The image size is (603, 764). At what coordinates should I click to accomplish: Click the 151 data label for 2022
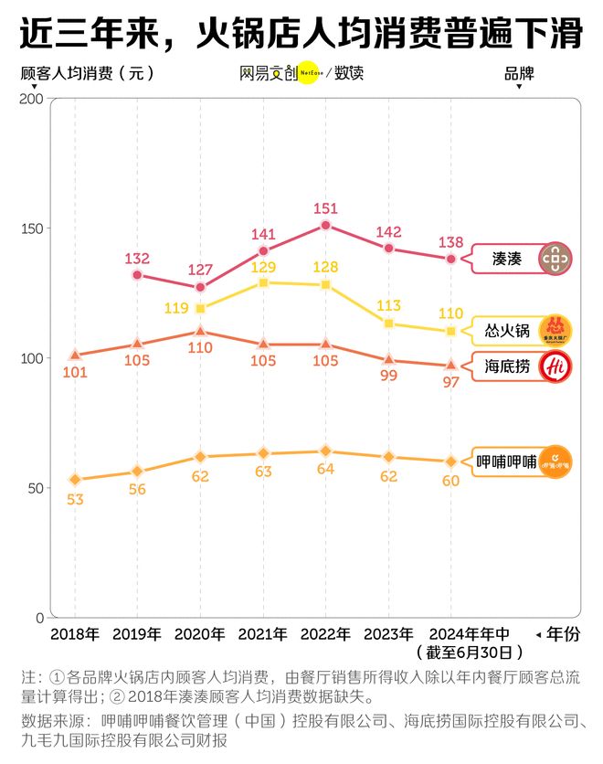pos(325,209)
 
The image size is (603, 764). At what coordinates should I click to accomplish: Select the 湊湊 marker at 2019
pos(137,274)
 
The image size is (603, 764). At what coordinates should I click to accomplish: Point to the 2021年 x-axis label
pos(263,634)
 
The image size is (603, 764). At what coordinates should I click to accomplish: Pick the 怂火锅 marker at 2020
pos(200,309)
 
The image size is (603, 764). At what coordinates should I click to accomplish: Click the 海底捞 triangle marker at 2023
pos(388,360)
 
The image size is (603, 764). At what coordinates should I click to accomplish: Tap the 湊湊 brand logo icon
pos(555,260)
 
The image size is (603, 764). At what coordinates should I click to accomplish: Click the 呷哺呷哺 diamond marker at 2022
pos(325,451)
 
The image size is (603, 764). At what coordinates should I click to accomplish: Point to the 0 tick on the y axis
pos(37,618)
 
